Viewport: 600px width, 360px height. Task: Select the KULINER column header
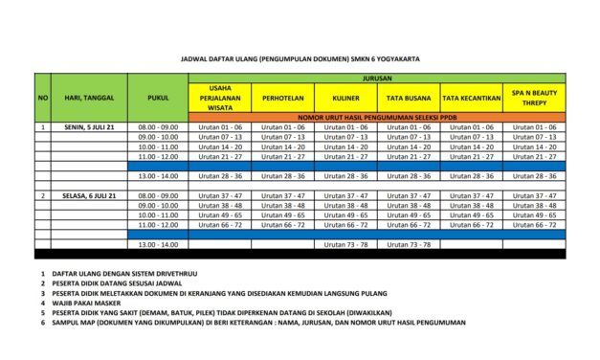(x=345, y=98)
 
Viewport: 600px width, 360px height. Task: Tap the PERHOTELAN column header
(x=283, y=98)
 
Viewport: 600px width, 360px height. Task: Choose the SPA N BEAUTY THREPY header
(x=534, y=98)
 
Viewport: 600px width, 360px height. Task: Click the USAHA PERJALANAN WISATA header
(x=222, y=98)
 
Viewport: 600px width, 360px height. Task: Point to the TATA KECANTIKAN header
(x=471, y=98)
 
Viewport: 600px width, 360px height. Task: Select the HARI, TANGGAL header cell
(x=89, y=98)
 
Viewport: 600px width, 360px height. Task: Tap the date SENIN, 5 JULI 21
(x=89, y=126)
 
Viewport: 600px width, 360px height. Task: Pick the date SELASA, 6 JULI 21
(x=89, y=195)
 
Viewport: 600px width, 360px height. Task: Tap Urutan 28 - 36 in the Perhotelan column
(x=283, y=176)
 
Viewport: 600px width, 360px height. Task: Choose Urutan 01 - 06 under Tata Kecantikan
(x=471, y=126)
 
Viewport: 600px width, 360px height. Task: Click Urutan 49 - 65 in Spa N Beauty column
(x=534, y=215)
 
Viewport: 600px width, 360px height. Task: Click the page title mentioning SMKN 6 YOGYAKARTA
(x=300, y=57)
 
